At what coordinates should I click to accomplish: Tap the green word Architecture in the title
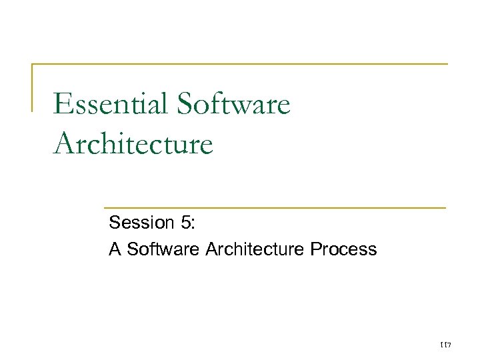pyautogui.click(x=133, y=143)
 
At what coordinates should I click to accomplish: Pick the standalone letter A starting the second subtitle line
pyautogui.click(x=115, y=249)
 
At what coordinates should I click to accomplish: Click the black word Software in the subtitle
pyautogui.click(x=164, y=249)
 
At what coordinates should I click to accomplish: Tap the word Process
pyautogui.click(x=344, y=249)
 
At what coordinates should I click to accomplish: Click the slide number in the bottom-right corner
pyautogui.click(x=446, y=345)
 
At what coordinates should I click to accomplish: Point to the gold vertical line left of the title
pyautogui.click(x=32, y=87)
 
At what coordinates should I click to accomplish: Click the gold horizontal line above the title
pyautogui.click(x=240, y=64)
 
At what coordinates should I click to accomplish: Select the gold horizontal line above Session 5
pyautogui.click(x=273, y=208)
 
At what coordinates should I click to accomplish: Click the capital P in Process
pyautogui.click(x=317, y=249)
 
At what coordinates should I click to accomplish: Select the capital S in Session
pyautogui.click(x=115, y=222)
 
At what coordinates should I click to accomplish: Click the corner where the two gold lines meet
pyautogui.click(x=32, y=64)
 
